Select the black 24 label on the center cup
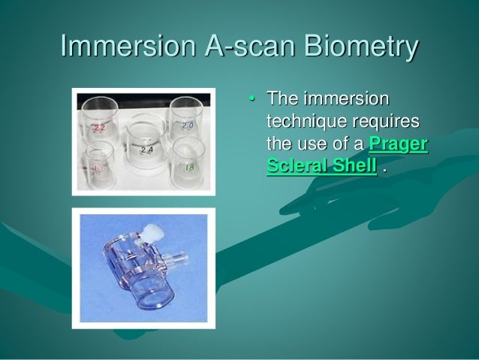146,150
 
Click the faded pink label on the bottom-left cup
98,170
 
